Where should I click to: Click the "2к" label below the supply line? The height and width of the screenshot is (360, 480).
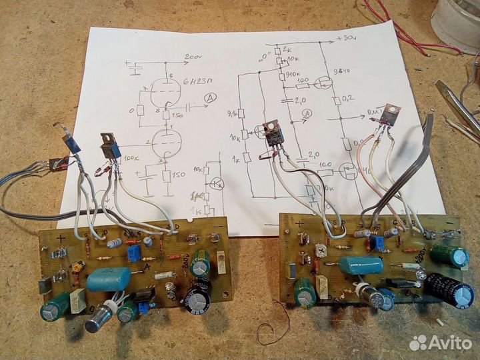pos(286,51)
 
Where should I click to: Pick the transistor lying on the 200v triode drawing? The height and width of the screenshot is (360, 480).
pos(111,145)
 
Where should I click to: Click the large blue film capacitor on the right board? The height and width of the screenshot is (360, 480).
pos(360,266)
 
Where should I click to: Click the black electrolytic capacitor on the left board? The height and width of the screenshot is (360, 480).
pos(198,296)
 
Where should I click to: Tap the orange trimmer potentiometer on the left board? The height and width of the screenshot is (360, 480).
pos(76,267)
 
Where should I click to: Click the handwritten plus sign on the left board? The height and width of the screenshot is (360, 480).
pos(61,238)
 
